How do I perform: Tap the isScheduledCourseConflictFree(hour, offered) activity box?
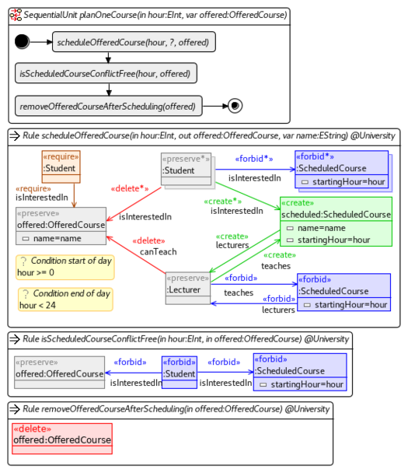pos(106,73)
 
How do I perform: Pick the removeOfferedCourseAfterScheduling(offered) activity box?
pos(109,105)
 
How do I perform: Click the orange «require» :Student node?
pos(60,163)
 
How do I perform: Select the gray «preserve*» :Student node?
pos(186,170)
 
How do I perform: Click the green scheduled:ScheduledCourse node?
pos(336,222)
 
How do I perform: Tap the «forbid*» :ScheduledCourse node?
pos(341,170)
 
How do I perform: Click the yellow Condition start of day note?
pos(65,267)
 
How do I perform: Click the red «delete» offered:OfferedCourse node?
pos(62,438)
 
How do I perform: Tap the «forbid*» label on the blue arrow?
pos(254,158)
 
